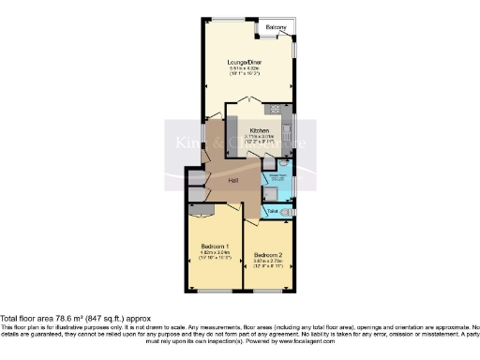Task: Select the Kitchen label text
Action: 260,130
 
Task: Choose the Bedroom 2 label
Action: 267,254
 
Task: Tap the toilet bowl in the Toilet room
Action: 286,214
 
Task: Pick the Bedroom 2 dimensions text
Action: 267,262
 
